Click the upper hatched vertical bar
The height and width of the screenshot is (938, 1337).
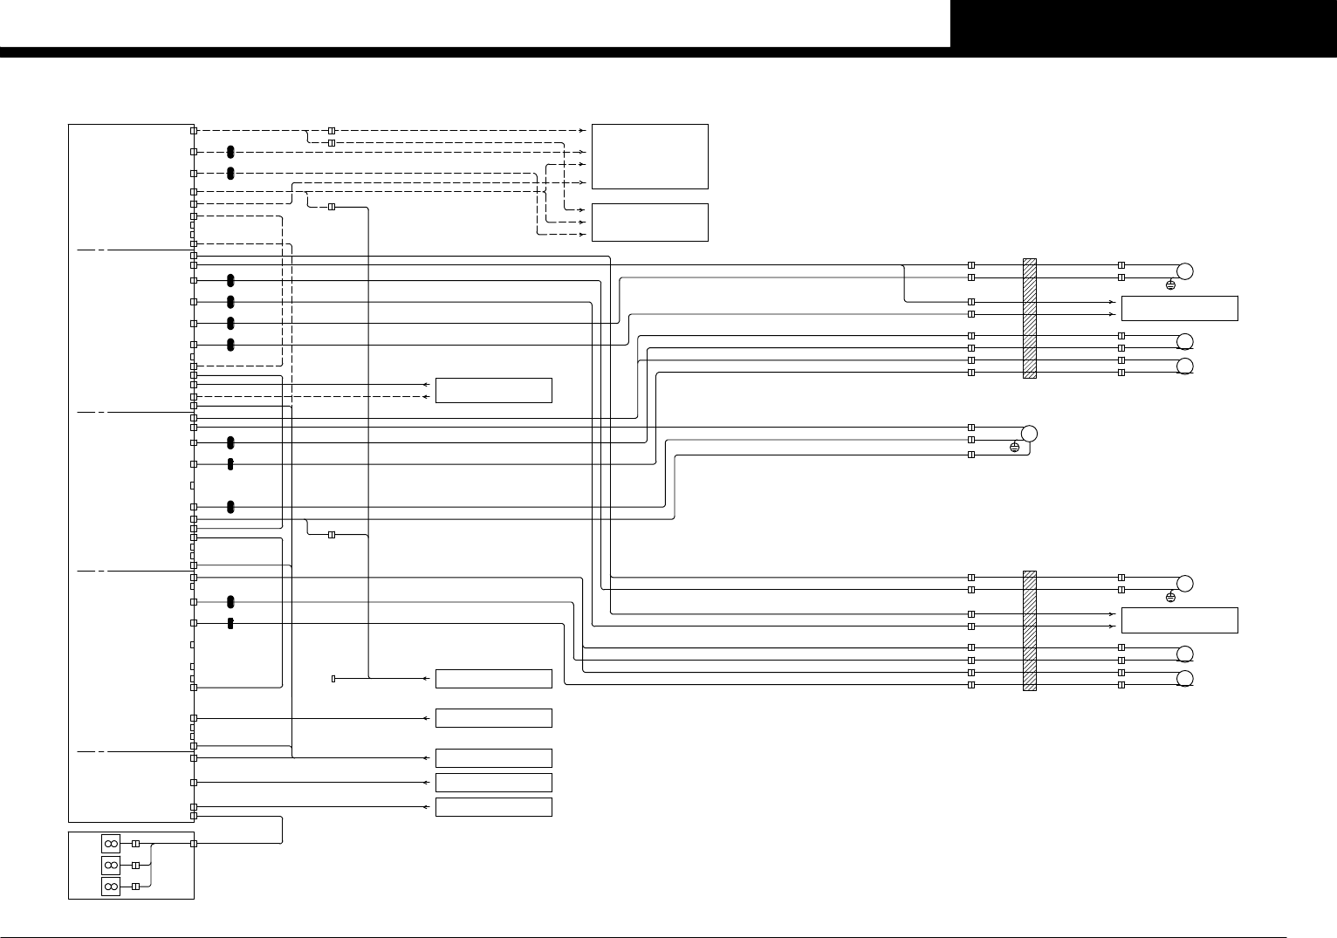[x=1029, y=318]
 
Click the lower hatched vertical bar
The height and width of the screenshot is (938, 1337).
[x=1029, y=630]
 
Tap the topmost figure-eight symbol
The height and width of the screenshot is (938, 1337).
[x=111, y=844]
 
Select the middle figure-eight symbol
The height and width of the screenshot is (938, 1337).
[x=111, y=865]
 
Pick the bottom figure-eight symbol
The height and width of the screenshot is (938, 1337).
[x=111, y=887]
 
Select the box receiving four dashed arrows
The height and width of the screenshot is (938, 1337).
[x=649, y=156]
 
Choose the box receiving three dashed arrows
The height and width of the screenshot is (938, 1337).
[x=649, y=223]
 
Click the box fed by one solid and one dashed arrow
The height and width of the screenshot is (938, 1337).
[x=493, y=390]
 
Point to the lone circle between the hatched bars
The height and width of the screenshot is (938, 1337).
[x=1029, y=433]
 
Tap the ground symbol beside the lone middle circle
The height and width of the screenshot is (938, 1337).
[x=1014, y=448]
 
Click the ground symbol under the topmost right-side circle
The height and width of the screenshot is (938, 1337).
[x=1170, y=285]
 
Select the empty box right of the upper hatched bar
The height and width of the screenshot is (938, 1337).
[x=1179, y=308]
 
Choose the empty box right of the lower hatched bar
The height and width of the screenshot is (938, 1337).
[x=1179, y=620]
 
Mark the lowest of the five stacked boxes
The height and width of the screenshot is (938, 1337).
[x=493, y=806]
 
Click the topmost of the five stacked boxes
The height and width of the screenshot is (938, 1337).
[x=493, y=678]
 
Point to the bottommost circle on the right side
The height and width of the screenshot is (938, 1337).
[x=1184, y=680]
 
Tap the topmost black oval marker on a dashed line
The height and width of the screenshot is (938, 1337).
[x=230, y=152]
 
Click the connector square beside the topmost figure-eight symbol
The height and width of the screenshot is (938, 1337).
[x=135, y=844]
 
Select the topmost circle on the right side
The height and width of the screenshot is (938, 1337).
[x=1184, y=270]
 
